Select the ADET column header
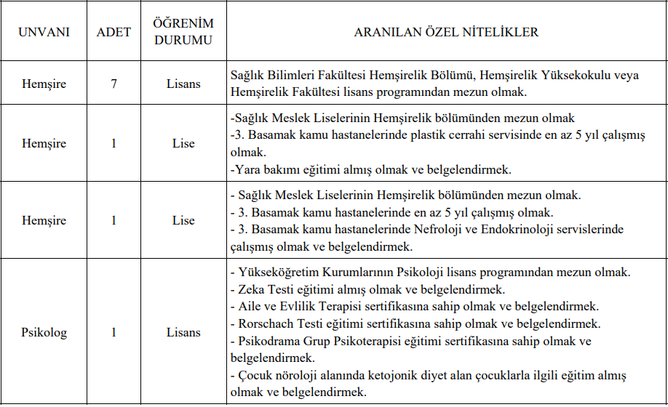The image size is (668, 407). tap(114, 33)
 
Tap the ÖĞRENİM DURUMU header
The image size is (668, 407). tap(183, 33)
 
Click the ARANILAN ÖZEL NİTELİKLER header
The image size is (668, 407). tap(446, 33)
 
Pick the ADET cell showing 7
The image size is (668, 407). tap(114, 84)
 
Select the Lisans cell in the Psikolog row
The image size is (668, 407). tap(183, 332)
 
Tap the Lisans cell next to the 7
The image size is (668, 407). tap(183, 84)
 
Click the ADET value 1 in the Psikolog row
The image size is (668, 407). tap(114, 332)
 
